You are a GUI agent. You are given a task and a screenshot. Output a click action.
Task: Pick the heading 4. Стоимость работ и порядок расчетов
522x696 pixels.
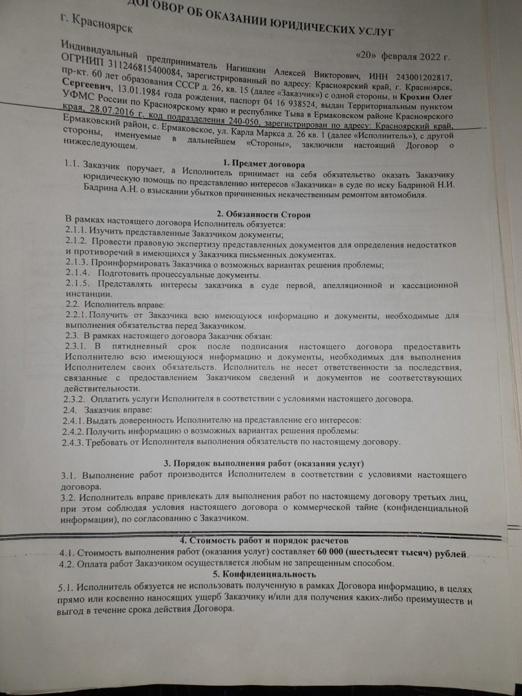(265, 540)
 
